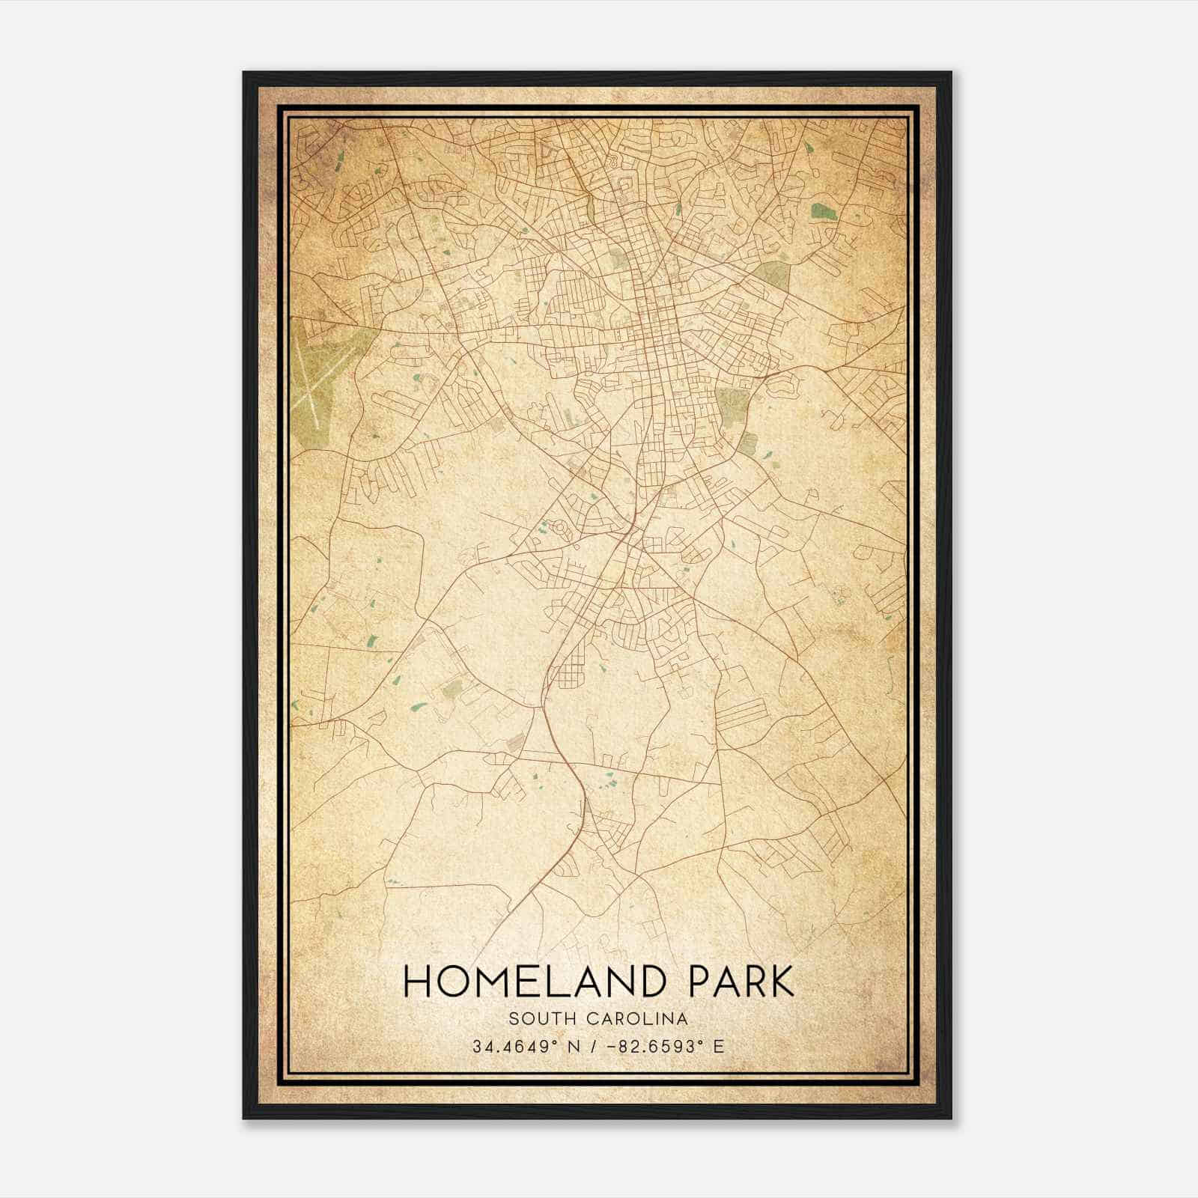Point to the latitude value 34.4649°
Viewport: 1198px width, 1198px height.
pyautogui.click(x=520, y=1046)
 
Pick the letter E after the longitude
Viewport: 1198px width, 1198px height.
pyautogui.click(x=718, y=1046)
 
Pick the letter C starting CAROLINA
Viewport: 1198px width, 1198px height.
pyautogui.click(x=586, y=1019)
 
